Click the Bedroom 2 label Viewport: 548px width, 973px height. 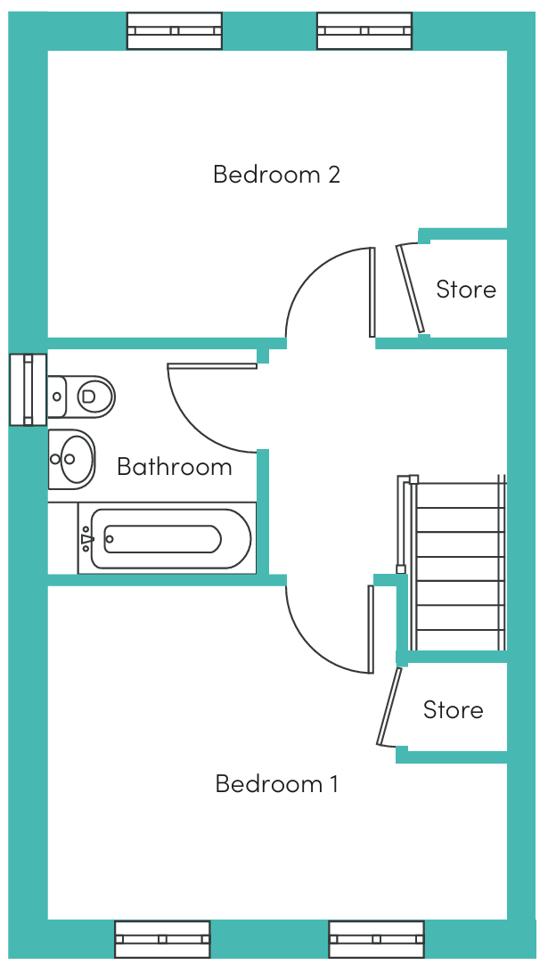coord(276,174)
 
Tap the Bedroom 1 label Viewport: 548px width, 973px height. coord(276,784)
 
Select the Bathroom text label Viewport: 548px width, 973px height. coord(175,467)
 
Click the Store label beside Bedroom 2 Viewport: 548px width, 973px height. coord(466,290)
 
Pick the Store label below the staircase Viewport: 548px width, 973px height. coord(453,710)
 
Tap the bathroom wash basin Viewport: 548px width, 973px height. coord(71,459)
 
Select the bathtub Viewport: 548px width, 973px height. coord(165,539)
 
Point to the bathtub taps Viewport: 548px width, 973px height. coord(87,539)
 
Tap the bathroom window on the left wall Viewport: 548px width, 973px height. coord(28,389)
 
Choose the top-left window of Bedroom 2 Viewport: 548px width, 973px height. coord(174,30)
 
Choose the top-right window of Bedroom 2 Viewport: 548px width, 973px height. coord(364,30)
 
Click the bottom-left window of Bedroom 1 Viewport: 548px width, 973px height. coord(162,939)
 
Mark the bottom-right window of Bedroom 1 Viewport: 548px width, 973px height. coord(376,939)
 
